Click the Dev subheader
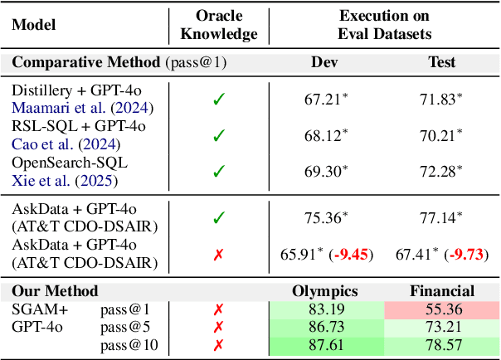tap(324, 61)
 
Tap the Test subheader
tap(441, 61)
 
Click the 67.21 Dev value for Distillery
tap(324, 100)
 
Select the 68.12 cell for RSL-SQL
tap(324, 135)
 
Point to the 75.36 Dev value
tap(324, 218)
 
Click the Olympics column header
tap(324, 291)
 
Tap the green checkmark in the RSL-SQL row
tap(218, 135)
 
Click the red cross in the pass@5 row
tap(218, 327)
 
